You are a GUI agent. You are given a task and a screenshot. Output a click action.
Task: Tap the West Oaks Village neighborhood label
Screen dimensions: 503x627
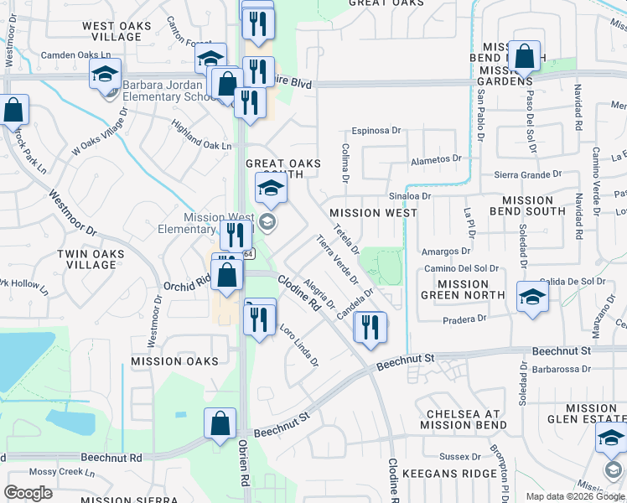tap(117, 32)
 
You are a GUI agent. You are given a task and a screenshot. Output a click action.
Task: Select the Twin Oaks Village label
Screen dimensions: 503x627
tap(85, 259)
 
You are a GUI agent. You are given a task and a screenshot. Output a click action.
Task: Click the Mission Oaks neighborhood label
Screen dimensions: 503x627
tap(174, 361)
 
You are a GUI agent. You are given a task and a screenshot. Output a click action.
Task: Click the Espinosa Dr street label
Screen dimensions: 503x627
tap(377, 131)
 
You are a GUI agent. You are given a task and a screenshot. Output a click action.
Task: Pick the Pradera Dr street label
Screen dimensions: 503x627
tap(464, 319)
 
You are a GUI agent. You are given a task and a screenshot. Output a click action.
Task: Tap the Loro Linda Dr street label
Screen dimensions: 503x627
tap(299, 345)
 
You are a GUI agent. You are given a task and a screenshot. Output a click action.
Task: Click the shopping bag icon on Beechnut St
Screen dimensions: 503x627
tap(220, 424)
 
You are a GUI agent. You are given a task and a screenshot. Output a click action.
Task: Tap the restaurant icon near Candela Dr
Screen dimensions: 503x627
tap(370, 327)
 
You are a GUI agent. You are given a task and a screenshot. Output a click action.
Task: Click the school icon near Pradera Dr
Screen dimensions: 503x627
tap(531, 298)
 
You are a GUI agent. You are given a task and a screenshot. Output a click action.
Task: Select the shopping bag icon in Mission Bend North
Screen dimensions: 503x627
tap(525, 57)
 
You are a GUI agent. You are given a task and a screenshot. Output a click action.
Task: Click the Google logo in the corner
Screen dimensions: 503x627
tap(28, 493)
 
